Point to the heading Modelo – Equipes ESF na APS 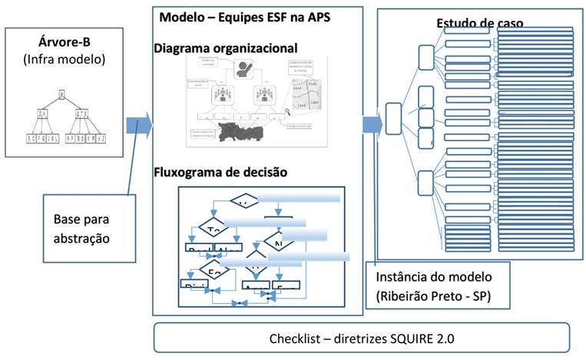pyautogui.click(x=244, y=17)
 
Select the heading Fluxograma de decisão pyautogui.click(x=220, y=172)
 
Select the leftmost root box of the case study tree pyautogui.click(x=394, y=118)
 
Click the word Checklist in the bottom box pyautogui.click(x=295, y=339)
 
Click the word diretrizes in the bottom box pyautogui.click(x=358, y=339)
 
